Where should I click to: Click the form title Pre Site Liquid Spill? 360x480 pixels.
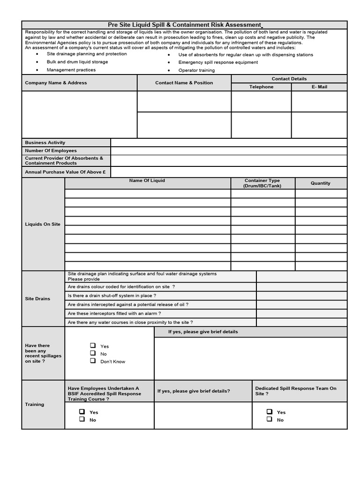[x=184, y=24]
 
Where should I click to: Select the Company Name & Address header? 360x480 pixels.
[x=56, y=82]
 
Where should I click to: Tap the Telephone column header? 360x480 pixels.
[x=261, y=87]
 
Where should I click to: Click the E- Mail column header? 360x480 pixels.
[x=319, y=87]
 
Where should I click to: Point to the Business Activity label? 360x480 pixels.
[x=45, y=142]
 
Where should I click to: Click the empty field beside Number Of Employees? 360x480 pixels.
[x=229, y=150]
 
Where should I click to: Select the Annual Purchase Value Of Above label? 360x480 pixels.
[x=65, y=172]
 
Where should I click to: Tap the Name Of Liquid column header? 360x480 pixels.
[x=147, y=180]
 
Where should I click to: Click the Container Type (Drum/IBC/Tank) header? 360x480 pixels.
[x=262, y=183]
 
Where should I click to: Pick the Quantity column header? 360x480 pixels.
[x=321, y=183]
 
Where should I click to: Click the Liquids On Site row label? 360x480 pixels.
[x=43, y=224]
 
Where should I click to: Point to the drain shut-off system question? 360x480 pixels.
[x=112, y=296]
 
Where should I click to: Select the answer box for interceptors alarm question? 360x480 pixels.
[x=301, y=314]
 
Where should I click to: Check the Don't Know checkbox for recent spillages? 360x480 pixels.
[x=93, y=361]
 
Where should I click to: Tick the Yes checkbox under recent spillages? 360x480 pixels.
[x=93, y=345]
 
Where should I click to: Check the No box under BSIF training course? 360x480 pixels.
[x=82, y=420]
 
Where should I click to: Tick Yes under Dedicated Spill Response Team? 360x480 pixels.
[x=270, y=412]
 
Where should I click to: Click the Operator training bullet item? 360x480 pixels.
[x=196, y=70]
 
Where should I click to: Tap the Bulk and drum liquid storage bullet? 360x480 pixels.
[x=77, y=62]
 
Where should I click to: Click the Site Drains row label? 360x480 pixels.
[x=37, y=299]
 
